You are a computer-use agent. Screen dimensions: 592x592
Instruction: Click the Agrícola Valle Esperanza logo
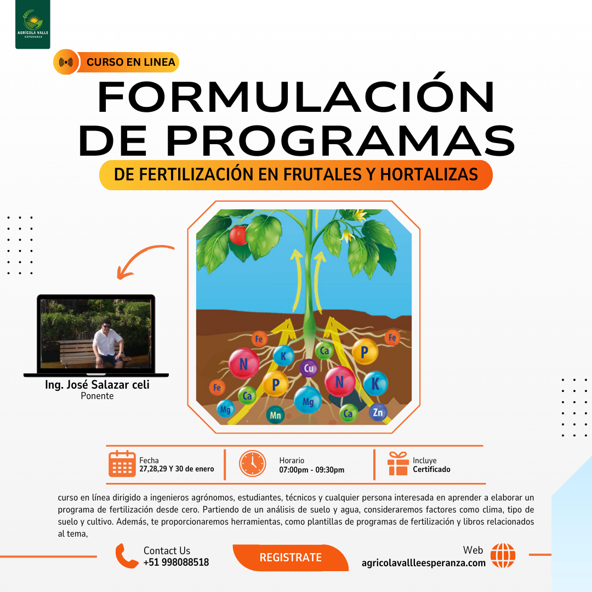33,24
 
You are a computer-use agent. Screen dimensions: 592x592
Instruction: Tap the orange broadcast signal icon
66,62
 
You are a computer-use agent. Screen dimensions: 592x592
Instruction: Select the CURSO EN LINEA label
130,62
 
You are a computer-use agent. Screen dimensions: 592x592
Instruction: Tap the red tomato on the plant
238,235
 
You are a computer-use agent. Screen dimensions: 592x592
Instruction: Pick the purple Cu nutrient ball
309,368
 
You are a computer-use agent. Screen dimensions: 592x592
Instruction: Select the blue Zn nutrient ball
378,412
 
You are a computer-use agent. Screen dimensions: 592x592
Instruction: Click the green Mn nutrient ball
276,415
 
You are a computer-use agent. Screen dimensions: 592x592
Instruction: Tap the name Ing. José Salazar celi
97,385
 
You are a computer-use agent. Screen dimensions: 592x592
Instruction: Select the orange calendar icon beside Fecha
122,464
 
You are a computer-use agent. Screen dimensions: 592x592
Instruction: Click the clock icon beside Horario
252,463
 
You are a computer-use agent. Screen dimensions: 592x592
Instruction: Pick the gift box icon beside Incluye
398,464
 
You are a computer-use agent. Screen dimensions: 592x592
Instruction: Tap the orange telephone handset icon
127,556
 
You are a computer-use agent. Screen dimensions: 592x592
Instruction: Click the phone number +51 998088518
176,562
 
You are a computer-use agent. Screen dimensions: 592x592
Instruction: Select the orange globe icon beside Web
503,555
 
